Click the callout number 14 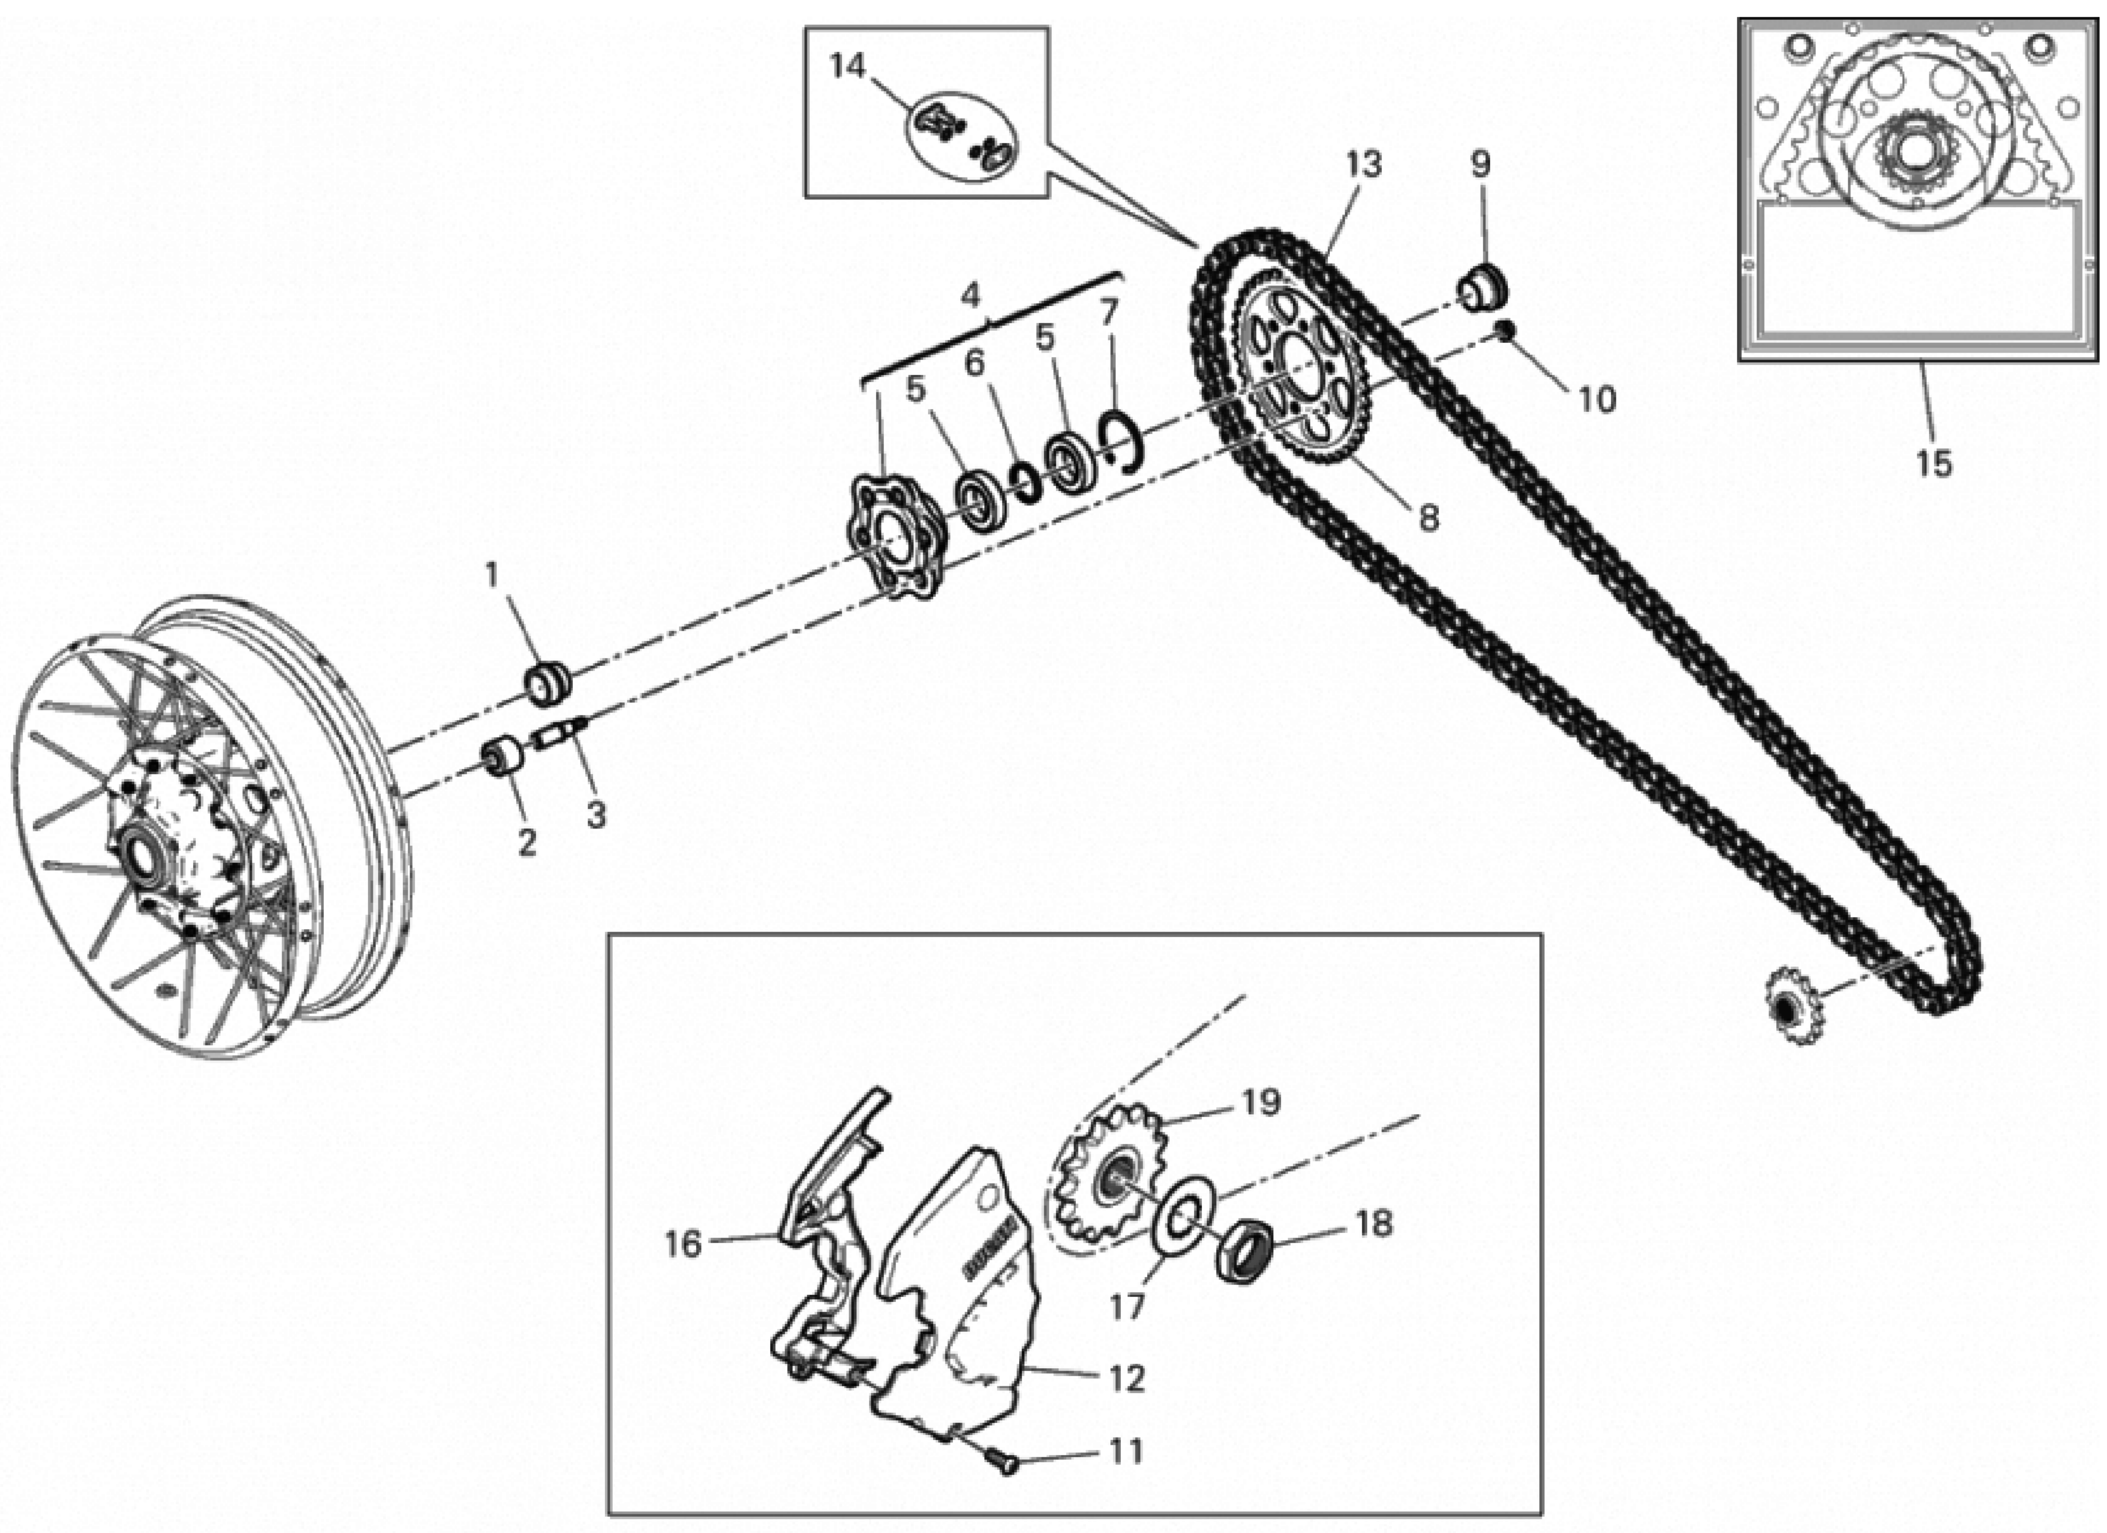pyautogui.click(x=847, y=67)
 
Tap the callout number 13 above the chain pyautogui.click(x=1364, y=164)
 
